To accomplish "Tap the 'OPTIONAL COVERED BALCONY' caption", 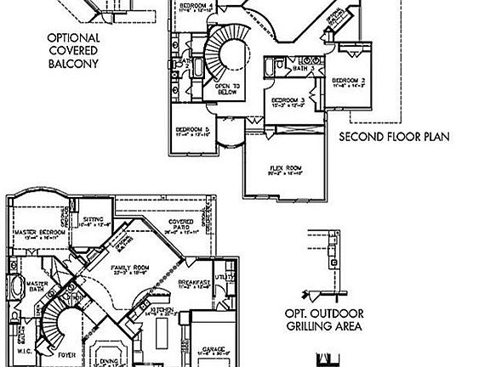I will pos(73,50).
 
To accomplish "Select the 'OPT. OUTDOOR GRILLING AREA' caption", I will pos(322,319).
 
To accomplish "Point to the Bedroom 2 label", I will pos(350,81).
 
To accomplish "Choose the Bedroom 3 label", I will pos(287,101).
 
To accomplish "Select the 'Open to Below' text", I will pos(227,88).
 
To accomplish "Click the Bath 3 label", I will pos(305,68).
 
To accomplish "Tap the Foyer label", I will pos(64,347).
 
